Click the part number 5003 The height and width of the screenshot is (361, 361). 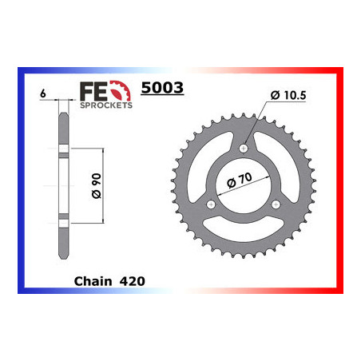point(162,88)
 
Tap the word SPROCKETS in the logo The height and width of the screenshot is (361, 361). point(106,105)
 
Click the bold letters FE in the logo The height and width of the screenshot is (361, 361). point(93,91)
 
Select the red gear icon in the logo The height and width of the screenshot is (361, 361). point(121,90)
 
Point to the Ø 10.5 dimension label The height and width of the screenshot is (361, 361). point(288,95)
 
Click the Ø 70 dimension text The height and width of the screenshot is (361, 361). point(240,180)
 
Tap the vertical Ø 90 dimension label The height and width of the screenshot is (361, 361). point(97,186)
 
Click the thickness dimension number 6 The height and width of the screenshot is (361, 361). point(43,93)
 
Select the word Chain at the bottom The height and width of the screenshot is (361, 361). point(93,281)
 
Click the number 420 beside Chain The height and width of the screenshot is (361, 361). point(133,281)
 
